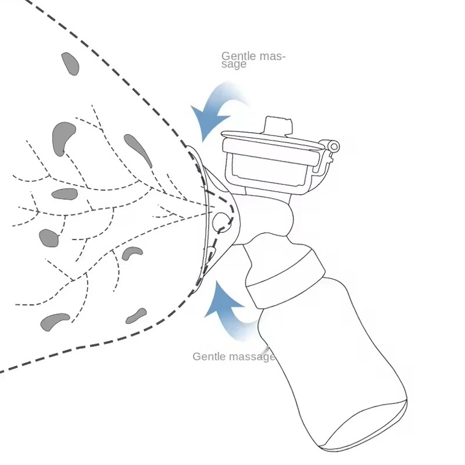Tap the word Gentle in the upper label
238,56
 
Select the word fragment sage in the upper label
234,65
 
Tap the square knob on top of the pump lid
278,126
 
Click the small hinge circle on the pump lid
334,146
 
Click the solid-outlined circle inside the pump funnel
221,221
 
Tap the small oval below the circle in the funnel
211,252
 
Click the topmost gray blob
70,63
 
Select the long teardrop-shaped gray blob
138,149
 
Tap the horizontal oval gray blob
65,194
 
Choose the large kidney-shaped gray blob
63,137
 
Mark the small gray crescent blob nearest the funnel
131,253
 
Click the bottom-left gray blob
54,321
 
